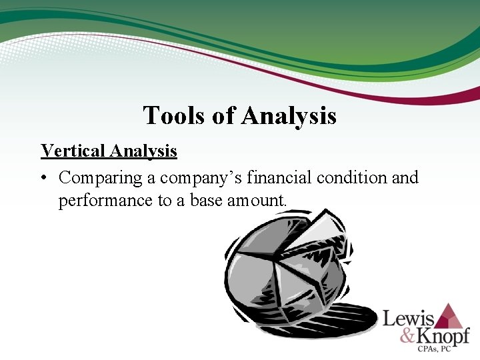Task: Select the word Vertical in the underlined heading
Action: point(72,151)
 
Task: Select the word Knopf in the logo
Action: point(444,335)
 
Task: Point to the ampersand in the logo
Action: point(408,335)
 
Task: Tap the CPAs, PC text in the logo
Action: point(445,349)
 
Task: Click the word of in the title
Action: point(223,116)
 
